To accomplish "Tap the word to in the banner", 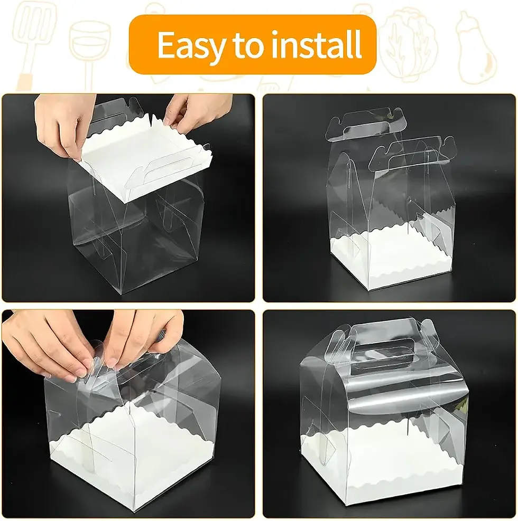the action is [x=249, y=45].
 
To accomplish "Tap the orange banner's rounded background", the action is [x=253, y=44].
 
